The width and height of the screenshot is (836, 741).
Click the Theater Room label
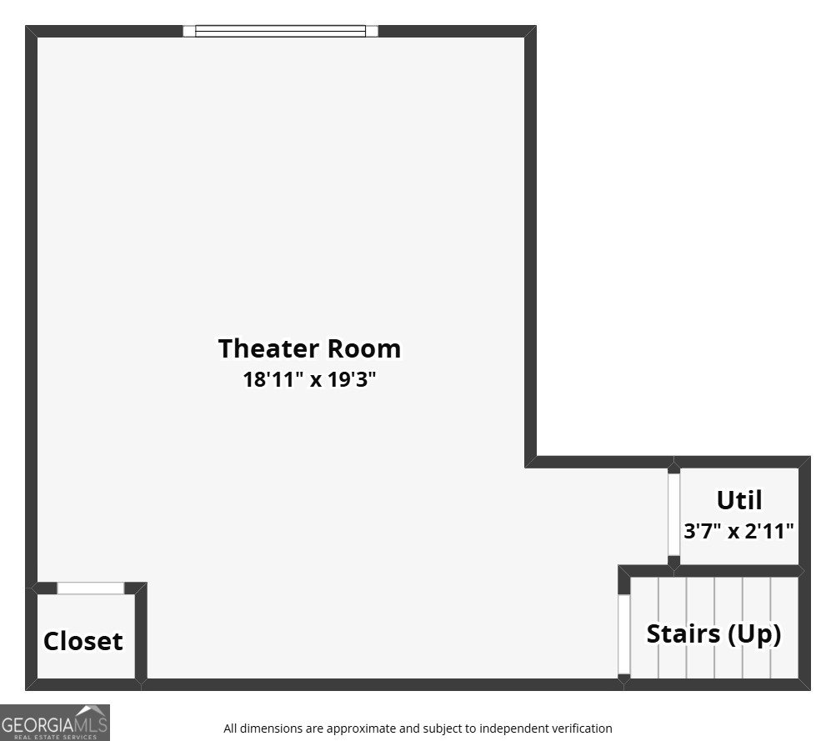pyautogui.click(x=309, y=348)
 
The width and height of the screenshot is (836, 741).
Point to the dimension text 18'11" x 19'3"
pyautogui.click(x=309, y=379)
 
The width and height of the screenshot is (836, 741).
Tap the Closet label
pyautogui.click(x=83, y=641)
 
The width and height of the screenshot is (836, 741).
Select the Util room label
pyautogui.click(x=739, y=500)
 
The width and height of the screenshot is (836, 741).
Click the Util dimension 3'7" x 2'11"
pyautogui.click(x=739, y=531)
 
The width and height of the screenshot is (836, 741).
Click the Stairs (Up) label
pyautogui.click(x=714, y=634)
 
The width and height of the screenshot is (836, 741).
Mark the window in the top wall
pyautogui.click(x=280, y=31)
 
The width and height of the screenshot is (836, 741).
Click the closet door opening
pyautogui.click(x=91, y=588)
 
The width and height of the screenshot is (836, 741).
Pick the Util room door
pyautogui.click(x=674, y=514)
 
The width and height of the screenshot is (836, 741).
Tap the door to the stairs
pyautogui.click(x=623, y=634)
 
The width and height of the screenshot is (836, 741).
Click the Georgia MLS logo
pyautogui.click(x=55, y=723)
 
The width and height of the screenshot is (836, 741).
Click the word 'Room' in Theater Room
pyautogui.click(x=363, y=348)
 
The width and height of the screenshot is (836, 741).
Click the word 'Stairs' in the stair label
pyautogui.click(x=683, y=633)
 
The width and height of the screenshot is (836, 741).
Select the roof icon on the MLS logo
pyautogui.click(x=91, y=711)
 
